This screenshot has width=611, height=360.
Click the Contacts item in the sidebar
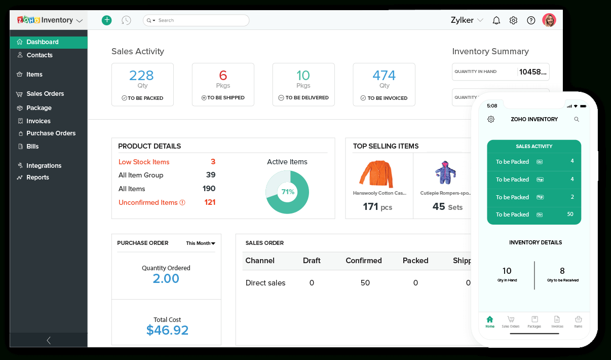point(39,55)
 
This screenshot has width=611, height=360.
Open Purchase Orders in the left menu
point(51,133)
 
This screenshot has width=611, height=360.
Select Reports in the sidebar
point(37,177)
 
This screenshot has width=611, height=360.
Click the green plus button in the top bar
point(106,20)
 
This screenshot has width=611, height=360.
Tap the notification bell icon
point(497,20)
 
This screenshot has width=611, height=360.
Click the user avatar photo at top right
point(549,20)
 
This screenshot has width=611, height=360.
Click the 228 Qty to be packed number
point(141,76)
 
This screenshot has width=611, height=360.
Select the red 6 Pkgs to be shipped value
point(223,76)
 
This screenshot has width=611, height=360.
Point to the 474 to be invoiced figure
point(384,76)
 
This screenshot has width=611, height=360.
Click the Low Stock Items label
point(144,162)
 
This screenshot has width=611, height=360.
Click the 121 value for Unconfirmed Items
point(210,202)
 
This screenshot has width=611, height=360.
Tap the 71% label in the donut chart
point(288,192)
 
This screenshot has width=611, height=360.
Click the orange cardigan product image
point(375,174)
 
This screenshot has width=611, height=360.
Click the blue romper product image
point(445,172)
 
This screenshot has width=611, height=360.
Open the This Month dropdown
point(201,243)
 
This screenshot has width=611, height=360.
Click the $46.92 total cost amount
point(167,330)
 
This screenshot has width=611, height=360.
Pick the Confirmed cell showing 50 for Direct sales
point(365,283)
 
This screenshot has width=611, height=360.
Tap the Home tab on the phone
point(489,321)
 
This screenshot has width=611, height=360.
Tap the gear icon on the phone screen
point(490,119)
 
